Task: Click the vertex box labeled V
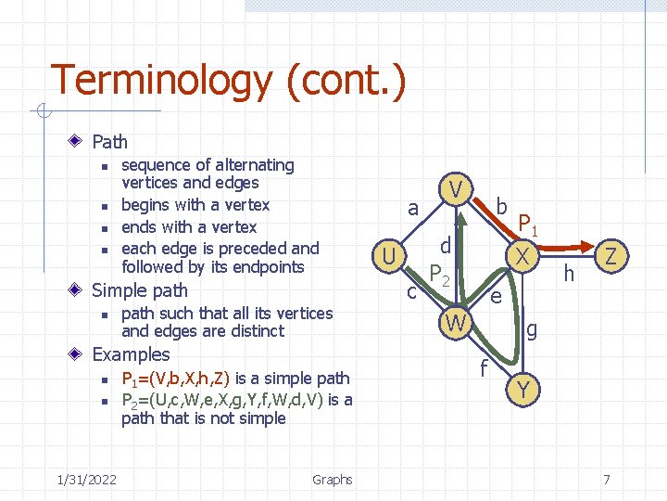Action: point(455,189)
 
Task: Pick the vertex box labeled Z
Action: point(610,255)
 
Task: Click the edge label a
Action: point(414,210)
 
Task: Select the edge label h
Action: point(569,273)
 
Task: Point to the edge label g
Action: point(531,328)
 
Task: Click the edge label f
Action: point(483,368)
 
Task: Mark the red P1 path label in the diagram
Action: point(529,225)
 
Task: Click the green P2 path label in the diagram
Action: point(439,276)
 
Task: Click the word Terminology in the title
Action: point(160,81)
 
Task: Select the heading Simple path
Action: point(140,290)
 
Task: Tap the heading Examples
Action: point(131,354)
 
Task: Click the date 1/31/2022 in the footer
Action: point(86,479)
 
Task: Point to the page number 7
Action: point(606,479)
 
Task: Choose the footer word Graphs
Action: point(332,479)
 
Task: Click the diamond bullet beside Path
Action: point(79,142)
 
